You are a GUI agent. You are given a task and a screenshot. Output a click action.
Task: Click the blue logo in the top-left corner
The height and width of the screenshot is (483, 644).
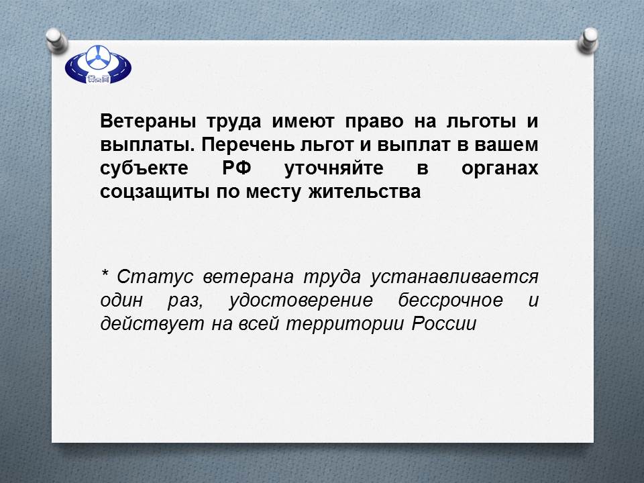98,64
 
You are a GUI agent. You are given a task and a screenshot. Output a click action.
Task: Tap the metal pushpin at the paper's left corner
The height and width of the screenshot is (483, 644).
56,40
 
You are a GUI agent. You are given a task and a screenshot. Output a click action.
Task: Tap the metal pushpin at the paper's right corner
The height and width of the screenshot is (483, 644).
588,40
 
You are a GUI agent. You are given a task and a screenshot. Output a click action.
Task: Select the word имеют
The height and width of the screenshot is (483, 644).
303,121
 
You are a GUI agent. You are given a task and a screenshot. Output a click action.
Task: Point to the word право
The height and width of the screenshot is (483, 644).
374,122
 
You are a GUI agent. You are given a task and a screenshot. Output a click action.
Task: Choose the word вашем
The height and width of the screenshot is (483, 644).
506,145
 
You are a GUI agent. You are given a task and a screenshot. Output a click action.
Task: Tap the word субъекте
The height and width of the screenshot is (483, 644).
144,168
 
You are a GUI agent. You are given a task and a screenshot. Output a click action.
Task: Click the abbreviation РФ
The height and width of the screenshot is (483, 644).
237,168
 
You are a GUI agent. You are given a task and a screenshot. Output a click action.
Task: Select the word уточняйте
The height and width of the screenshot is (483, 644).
334,168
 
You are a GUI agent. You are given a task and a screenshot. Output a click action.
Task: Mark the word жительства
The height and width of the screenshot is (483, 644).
365,192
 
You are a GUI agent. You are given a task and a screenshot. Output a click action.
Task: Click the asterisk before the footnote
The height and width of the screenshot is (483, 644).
105,273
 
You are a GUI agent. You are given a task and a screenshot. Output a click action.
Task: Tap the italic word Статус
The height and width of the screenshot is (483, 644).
155,277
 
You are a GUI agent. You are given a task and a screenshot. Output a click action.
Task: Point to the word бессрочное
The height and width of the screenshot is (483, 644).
450,301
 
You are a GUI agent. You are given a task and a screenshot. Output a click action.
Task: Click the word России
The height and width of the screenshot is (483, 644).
444,324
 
